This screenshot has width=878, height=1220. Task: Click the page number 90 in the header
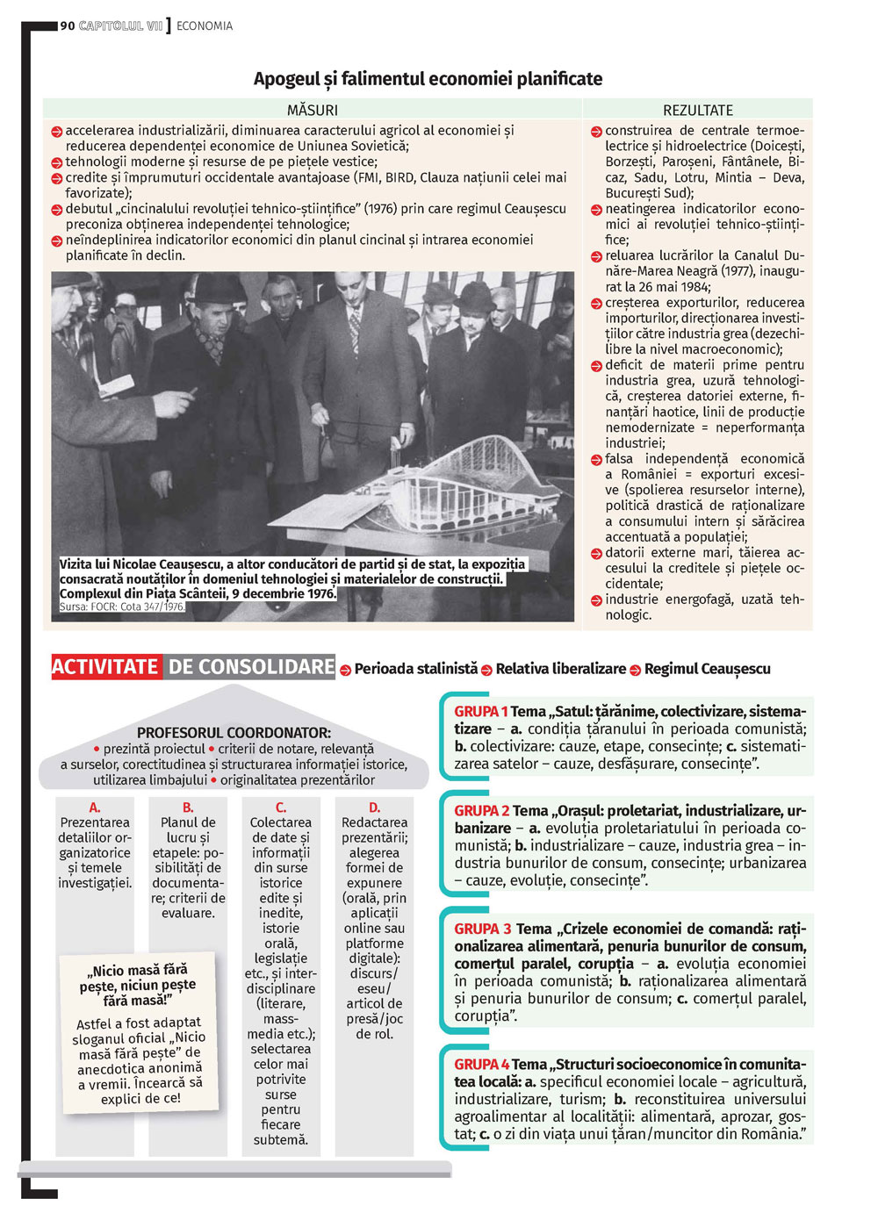pos(68,26)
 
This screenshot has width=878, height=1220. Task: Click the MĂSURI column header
pos(312,110)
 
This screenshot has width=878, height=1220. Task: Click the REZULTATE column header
pos(698,110)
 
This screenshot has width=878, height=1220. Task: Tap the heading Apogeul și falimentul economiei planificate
pos(428,79)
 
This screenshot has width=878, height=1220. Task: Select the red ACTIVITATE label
pos(105,667)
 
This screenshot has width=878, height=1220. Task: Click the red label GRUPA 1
pos(480,712)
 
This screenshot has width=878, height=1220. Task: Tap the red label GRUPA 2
pos(481,811)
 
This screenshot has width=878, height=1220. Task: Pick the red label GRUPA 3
pos(483,929)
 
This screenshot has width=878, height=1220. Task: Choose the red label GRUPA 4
pos(481,1065)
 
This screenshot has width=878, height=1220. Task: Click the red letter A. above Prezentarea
pos(95,807)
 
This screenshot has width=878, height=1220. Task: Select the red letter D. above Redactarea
pos(374,807)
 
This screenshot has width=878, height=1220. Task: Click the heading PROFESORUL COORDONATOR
pos(234,733)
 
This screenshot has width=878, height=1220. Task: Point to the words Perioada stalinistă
pos(415,669)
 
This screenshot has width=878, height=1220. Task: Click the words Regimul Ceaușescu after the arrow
pos(707,669)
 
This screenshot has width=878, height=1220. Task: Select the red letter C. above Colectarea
pos(281,807)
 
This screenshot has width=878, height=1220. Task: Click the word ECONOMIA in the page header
pos(205,26)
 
